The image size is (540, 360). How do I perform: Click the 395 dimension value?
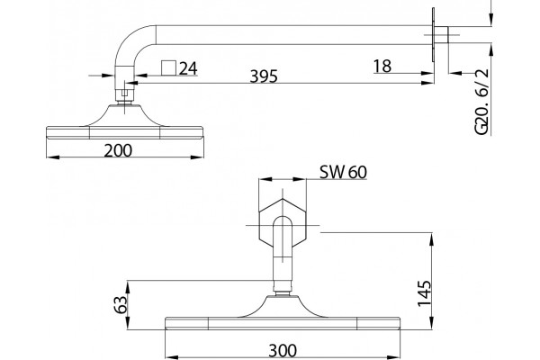click(264, 76)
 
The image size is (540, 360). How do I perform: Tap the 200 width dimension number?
click(118, 150)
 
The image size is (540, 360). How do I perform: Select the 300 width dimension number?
click(283, 351)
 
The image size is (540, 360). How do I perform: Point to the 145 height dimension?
click(424, 293)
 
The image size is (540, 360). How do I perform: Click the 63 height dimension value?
click(121, 304)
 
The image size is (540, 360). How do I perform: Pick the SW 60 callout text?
click(344, 172)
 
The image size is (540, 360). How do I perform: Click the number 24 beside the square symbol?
click(188, 68)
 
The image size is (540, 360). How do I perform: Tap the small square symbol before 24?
click(169, 67)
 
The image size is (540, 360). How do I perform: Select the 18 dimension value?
click(382, 66)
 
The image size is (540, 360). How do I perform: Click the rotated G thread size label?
click(481, 102)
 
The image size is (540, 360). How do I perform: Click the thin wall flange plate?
click(433, 35)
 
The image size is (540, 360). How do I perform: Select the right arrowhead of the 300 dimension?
click(393, 357)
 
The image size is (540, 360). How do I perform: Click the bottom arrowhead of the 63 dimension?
click(128, 323)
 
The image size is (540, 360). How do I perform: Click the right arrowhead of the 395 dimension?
click(427, 83)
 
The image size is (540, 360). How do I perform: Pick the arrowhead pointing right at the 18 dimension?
click(427, 73)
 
